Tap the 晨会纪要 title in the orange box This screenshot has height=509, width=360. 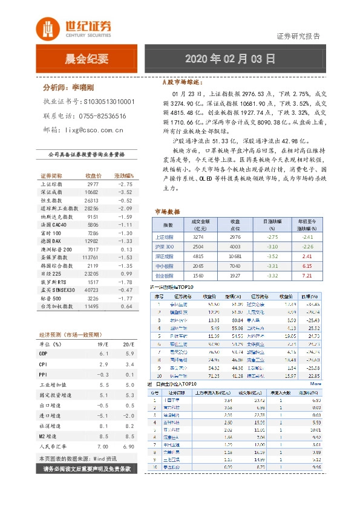click(87, 59)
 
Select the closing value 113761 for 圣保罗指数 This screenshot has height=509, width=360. click(89, 257)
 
